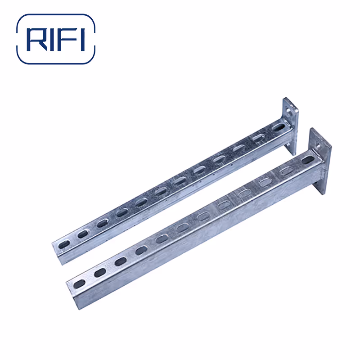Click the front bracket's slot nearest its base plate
click(307, 160)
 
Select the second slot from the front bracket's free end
click(100, 272)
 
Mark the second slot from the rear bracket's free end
click(83, 234)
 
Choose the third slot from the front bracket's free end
click(120, 261)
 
